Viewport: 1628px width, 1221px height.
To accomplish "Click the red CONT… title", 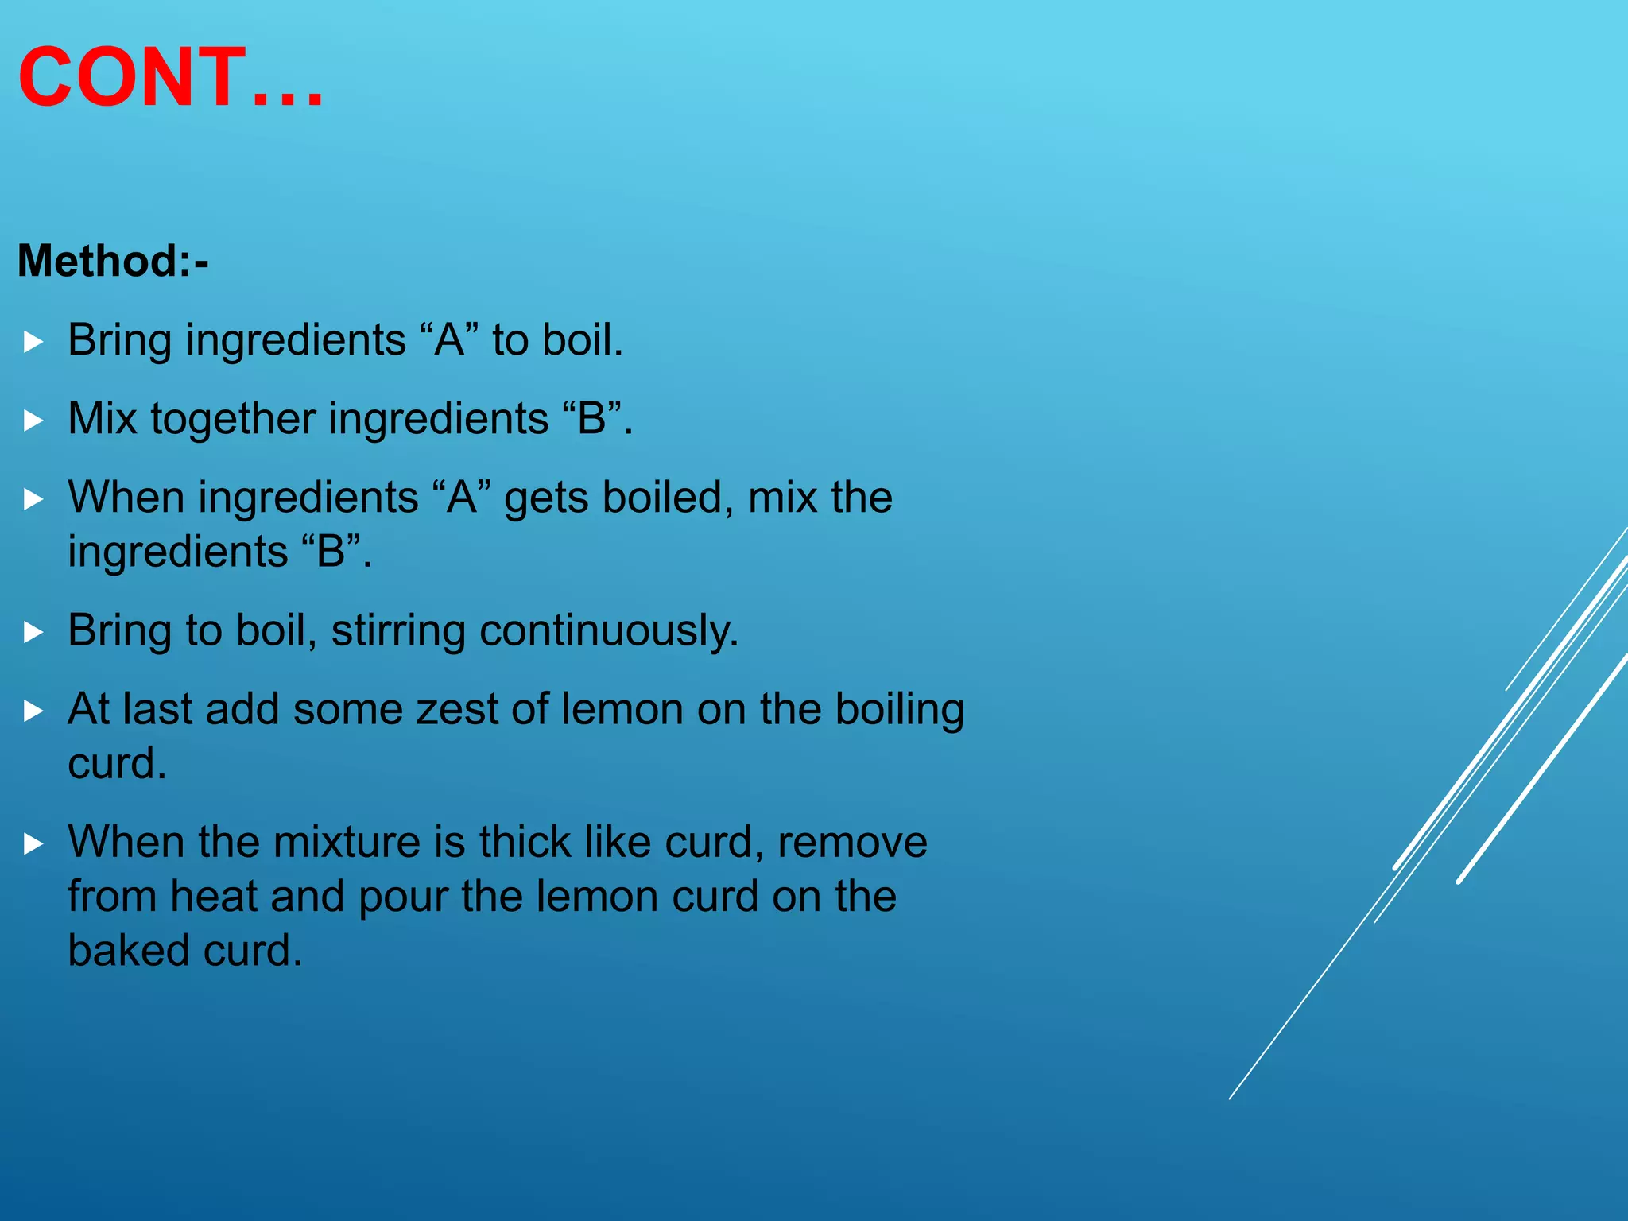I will pos(171,78).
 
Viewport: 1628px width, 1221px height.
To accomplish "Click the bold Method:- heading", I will pos(113,261).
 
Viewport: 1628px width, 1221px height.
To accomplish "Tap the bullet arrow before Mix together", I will pos(33,420).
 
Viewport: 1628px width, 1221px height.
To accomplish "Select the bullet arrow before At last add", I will pos(33,711).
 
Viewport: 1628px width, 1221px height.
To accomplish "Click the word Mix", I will pos(103,418).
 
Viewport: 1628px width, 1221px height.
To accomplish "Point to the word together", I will pos(233,420).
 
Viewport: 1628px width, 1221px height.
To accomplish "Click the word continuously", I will pos(609,631).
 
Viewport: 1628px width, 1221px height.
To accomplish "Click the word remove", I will pos(852,843).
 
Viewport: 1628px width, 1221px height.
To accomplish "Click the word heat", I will pos(213,897).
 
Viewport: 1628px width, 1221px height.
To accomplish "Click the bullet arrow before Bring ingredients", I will pos(33,342).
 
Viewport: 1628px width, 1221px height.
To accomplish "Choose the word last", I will pos(157,709).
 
